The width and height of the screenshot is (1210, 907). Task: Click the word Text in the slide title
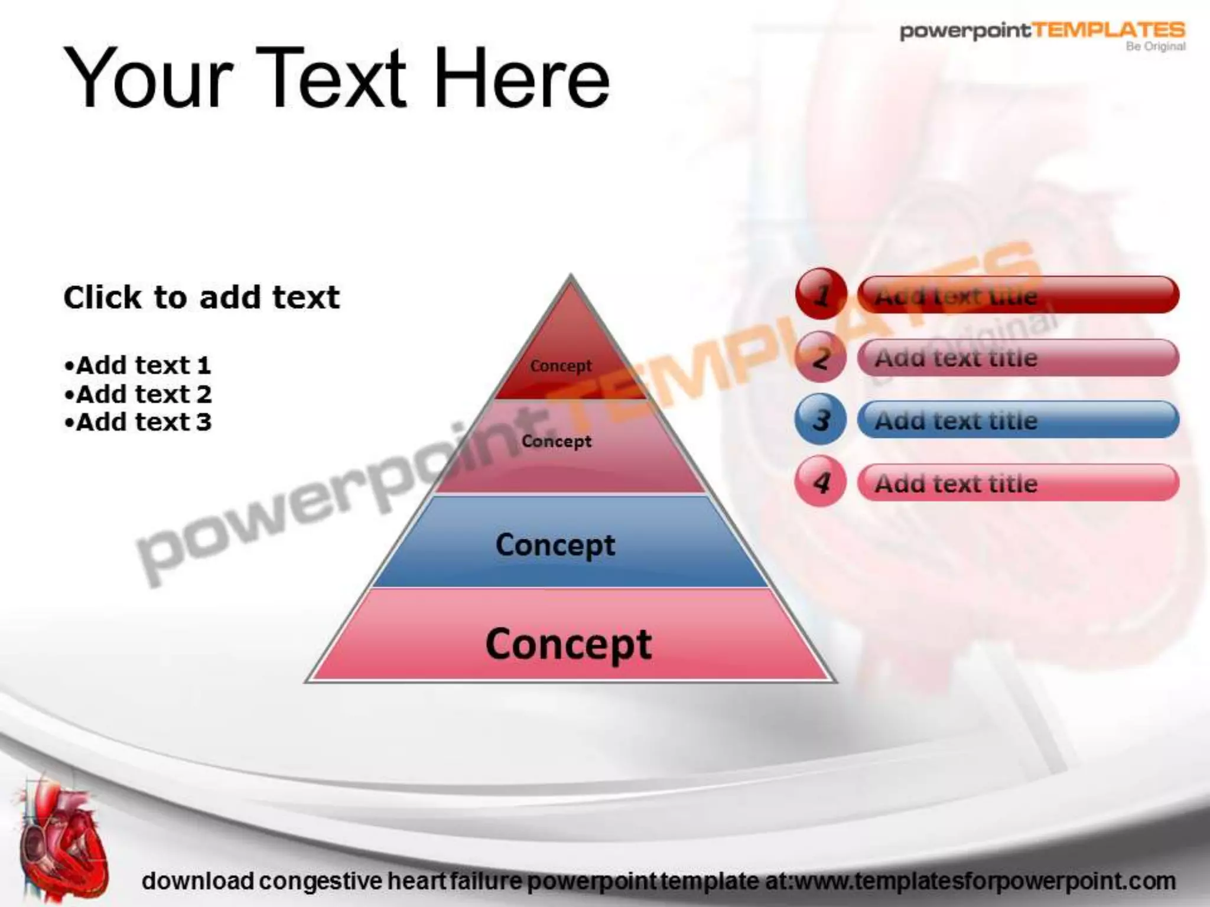pyautogui.click(x=331, y=79)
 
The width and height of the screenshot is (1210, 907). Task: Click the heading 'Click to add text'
pyautogui.click(x=201, y=297)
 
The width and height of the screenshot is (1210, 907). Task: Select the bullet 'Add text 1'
pyautogui.click(x=138, y=366)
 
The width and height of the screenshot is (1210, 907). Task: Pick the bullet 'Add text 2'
pyautogui.click(x=138, y=394)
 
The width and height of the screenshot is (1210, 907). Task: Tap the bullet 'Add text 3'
pyautogui.click(x=138, y=422)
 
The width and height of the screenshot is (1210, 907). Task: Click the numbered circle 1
pyautogui.click(x=821, y=294)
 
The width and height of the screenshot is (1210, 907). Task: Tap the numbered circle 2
pyautogui.click(x=821, y=357)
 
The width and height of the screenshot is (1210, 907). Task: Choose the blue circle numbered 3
pyautogui.click(x=821, y=420)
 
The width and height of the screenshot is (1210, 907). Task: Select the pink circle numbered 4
pyautogui.click(x=821, y=483)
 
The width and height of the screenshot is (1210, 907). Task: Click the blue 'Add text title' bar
pyautogui.click(x=1017, y=420)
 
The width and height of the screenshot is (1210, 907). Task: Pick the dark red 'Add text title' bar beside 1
pyautogui.click(x=1017, y=294)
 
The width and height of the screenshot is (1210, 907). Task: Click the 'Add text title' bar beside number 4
pyautogui.click(x=1017, y=483)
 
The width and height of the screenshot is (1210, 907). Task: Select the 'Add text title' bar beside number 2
pyautogui.click(x=1017, y=357)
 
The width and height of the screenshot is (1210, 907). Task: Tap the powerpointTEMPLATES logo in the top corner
pyautogui.click(x=1042, y=32)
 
